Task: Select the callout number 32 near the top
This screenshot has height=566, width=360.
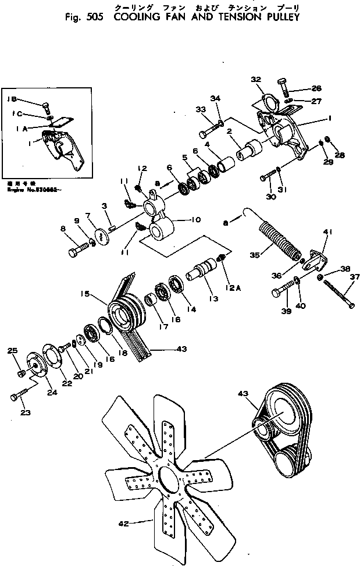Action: click(256, 80)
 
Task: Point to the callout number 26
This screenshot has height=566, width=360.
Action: click(316, 88)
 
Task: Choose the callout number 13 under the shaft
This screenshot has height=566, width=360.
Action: click(213, 298)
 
